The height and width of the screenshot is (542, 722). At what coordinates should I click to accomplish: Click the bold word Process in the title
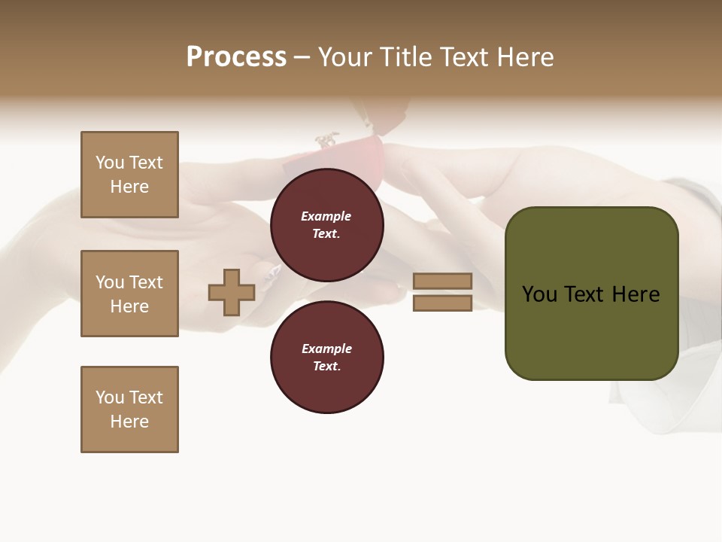(x=236, y=57)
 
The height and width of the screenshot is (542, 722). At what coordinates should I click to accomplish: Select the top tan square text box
(x=129, y=175)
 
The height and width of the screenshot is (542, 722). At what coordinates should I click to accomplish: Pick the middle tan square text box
(x=129, y=294)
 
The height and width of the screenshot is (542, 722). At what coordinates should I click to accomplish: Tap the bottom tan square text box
(x=129, y=410)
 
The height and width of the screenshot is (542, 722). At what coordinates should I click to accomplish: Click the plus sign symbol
(x=232, y=292)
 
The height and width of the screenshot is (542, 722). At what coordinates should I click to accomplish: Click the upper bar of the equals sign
(x=442, y=281)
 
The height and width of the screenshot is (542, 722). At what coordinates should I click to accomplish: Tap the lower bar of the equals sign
(x=442, y=303)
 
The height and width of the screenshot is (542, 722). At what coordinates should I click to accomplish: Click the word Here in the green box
(x=636, y=294)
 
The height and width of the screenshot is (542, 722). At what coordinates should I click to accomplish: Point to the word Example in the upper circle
(x=326, y=216)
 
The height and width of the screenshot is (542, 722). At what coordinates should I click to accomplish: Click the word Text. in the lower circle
(x=326, y=366)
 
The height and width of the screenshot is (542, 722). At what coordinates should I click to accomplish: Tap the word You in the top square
(x=110, y=163)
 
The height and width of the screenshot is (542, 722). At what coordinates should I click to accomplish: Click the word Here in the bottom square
(x=129, y=422)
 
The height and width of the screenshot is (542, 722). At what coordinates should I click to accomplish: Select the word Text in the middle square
(x=145, y=282)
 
